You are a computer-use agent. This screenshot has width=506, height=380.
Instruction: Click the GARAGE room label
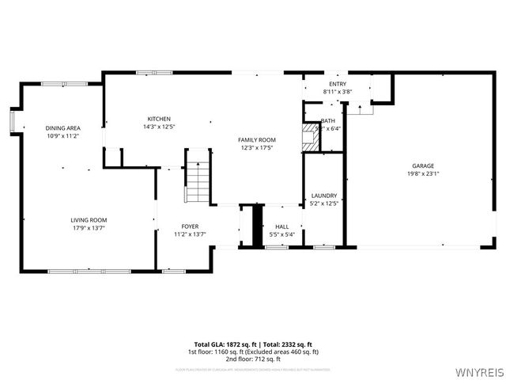tap(422, 165)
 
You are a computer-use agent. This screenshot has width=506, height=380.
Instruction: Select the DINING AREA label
tap(62, 128)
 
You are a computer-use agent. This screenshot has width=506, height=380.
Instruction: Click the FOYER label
tap(190, 226)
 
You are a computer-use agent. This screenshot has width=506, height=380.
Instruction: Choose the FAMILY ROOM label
tap(256, 140)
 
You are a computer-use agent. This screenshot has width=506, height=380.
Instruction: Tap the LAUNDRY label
tap(324, 196)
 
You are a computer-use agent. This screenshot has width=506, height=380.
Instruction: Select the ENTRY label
tap(337, 84)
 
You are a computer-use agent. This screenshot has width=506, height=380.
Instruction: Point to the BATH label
tap(328, 121)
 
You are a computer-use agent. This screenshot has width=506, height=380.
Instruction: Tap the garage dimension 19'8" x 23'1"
tap(422, 173)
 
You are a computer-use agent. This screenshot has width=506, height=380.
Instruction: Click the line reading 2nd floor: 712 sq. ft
tap(253, 358)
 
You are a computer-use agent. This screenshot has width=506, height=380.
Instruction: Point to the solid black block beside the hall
tap(256, 225)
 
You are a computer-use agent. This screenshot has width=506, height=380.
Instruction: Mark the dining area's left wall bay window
tap(12, 120)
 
